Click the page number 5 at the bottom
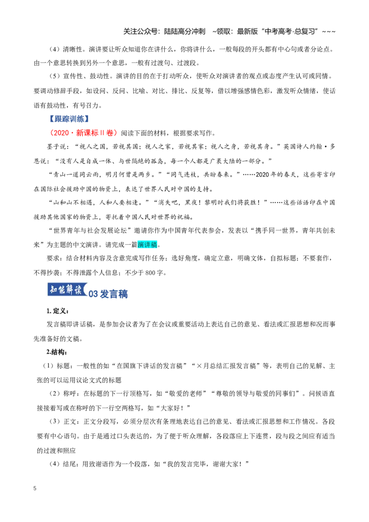point(35,488)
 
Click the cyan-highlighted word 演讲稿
point(147,245)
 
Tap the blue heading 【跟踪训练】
point(69,119)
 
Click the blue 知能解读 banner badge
point(67,290)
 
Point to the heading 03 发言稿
point(108,294)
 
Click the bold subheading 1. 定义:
point(58,311)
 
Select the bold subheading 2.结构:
point(57,352)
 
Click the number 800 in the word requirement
point(150,273)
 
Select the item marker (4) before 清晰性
point(54,49)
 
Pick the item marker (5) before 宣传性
point(54,76)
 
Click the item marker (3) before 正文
point(54,421)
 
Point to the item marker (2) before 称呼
point(54,393)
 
